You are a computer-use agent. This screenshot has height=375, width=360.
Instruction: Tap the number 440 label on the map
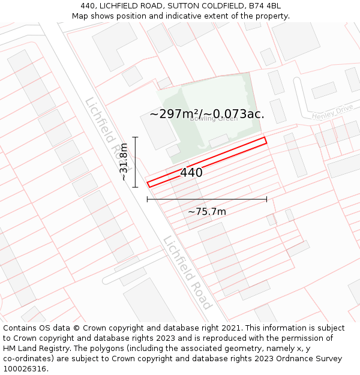191,173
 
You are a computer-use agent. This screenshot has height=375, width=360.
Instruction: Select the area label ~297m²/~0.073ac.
207,113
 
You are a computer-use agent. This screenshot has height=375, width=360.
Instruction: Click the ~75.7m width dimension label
207,212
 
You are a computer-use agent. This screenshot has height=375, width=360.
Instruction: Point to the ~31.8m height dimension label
124,162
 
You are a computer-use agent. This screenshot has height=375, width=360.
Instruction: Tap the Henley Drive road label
332,112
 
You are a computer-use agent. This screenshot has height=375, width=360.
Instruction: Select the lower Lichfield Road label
187,271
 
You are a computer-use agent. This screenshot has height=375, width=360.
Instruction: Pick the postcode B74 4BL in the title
265,6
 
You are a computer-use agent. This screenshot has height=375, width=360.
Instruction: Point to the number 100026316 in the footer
24,368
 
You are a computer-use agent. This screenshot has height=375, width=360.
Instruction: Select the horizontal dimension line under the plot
207,199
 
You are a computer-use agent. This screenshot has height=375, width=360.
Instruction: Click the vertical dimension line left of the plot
136,162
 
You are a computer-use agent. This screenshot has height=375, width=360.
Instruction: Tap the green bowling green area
228,96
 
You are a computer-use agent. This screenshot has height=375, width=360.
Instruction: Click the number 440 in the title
88,6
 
